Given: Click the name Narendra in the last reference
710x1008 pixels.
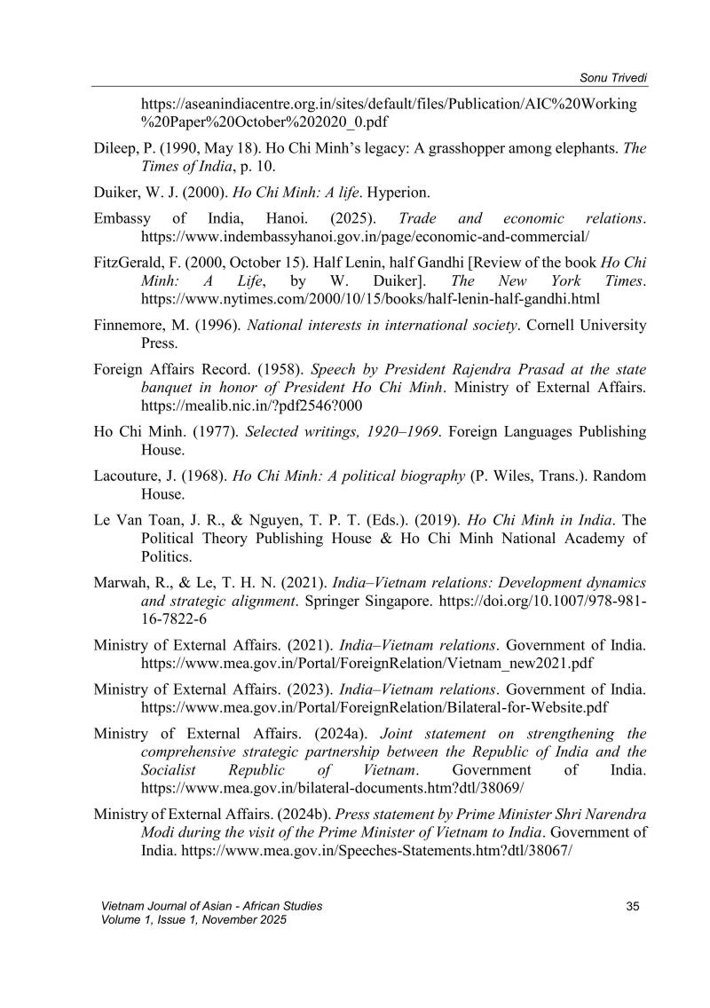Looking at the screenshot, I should [613, 813].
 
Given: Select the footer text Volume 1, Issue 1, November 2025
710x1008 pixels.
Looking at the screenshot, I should [195, 919].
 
